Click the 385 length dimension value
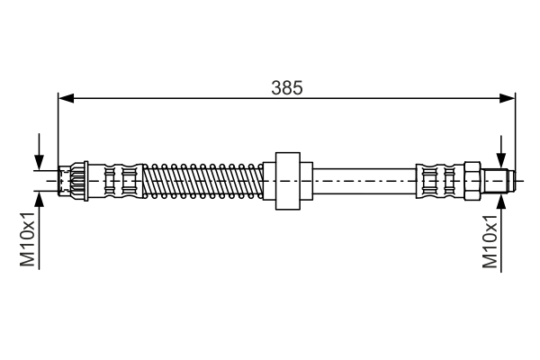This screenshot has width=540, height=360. (287, 87)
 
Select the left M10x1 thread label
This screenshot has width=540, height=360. (27, 239)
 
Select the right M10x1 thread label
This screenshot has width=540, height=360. (490, 241)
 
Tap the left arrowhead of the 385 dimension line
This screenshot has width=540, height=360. (66, 98)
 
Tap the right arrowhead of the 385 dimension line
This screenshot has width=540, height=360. (508, 98)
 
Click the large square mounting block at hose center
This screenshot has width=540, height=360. (288, 181)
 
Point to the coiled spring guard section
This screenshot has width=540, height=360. (202, 181)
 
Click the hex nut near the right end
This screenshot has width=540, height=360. (472, 181)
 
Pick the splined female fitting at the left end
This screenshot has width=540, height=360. (72, 181)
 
